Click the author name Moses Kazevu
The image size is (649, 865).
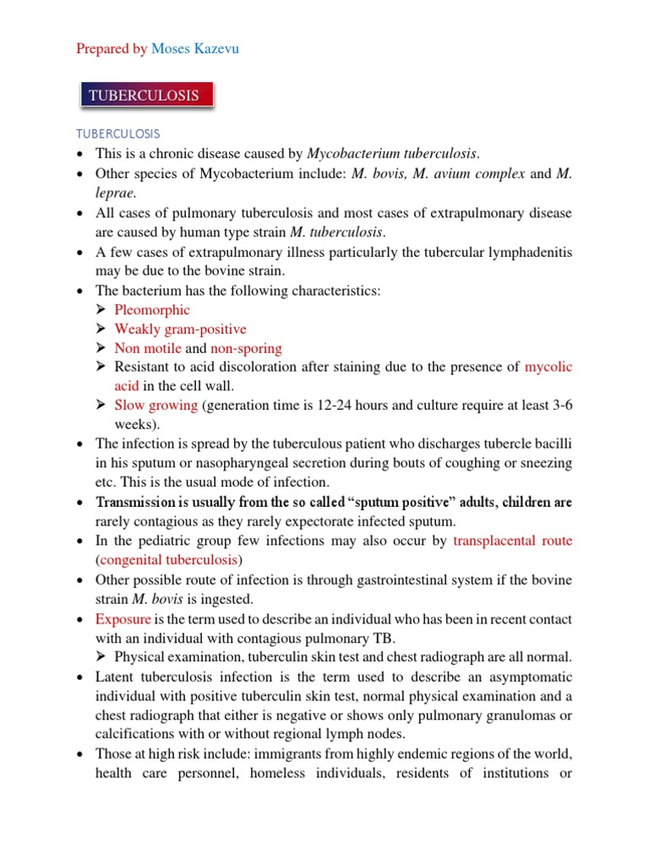[x=194, y=49]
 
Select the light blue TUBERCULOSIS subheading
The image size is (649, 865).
[x=117, y=134]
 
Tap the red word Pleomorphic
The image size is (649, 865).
[x=152, y=310]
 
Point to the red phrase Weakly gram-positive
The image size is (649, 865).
[x=180, y=329]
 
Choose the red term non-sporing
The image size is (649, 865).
[x=246, y=348]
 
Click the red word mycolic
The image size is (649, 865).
[x=548, y=367]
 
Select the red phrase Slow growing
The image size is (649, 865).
[x=155, y=405]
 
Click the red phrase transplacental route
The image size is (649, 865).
[x=513, y=541]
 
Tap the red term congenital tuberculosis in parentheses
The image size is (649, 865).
[x=169, y=560]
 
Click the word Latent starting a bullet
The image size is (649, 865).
[x=115, y=677]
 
